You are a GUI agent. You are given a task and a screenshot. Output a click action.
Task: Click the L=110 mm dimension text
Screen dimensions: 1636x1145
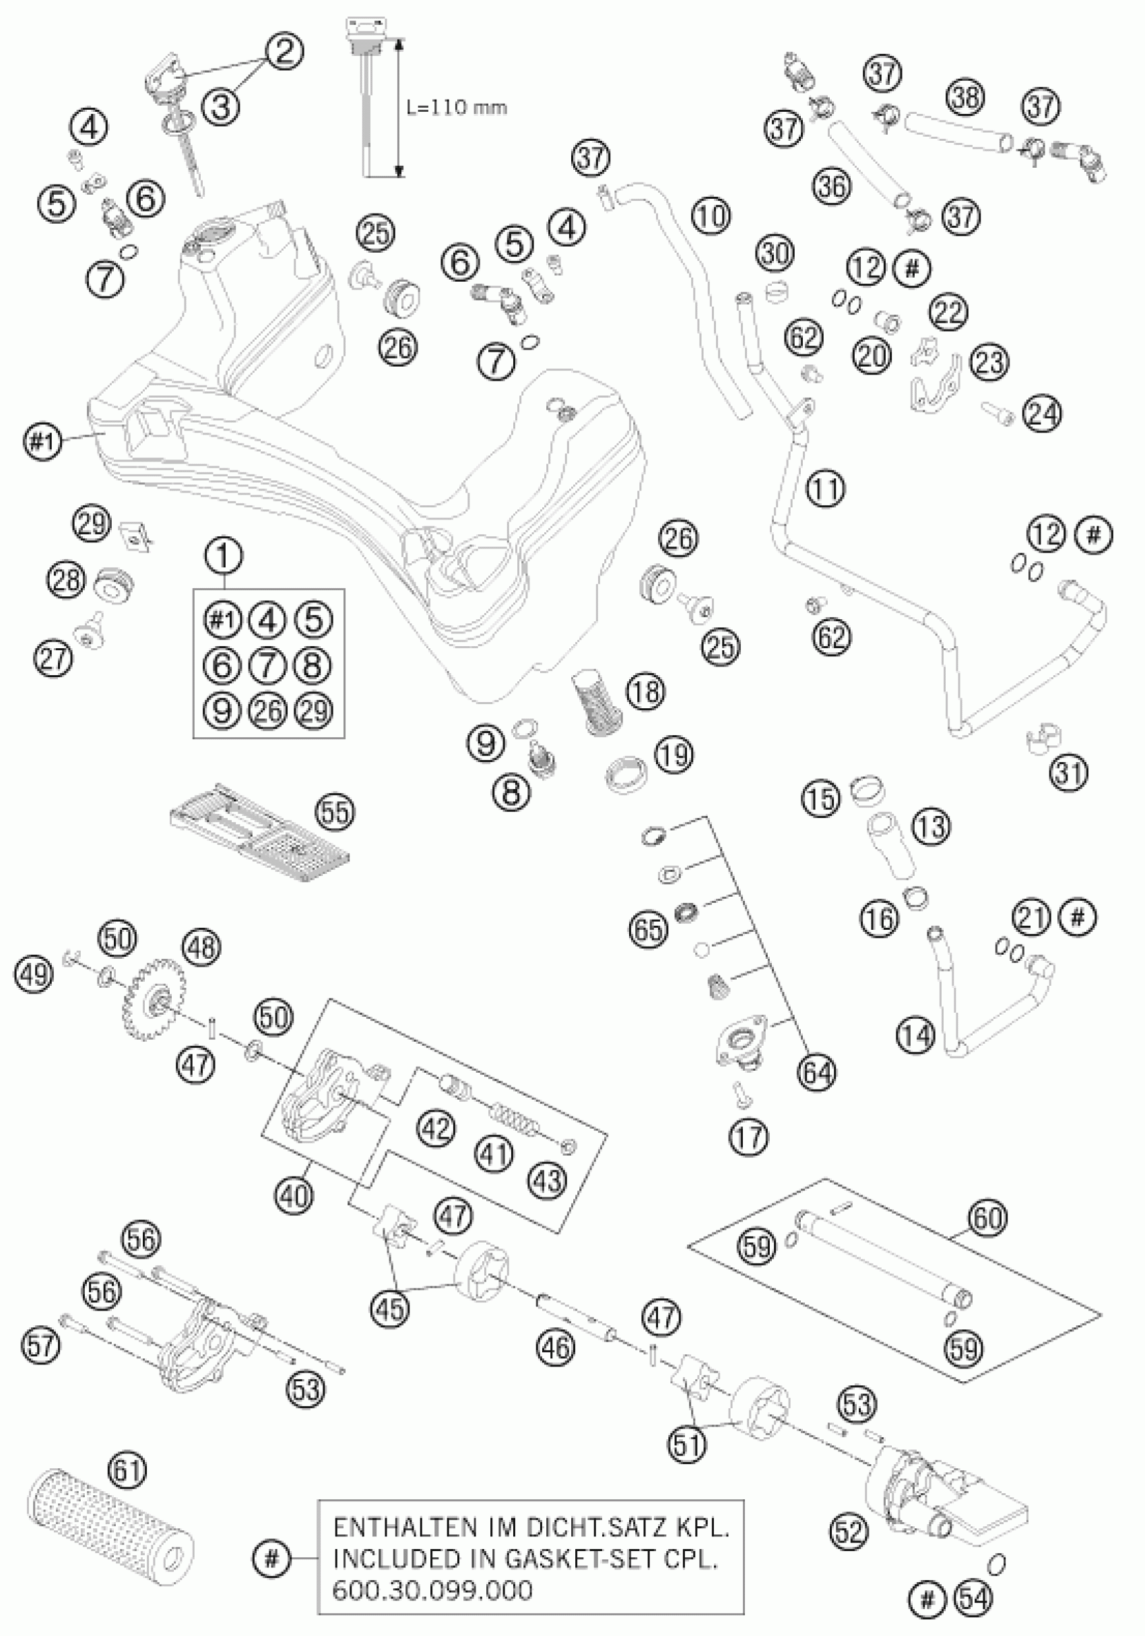click(x=457, y=108)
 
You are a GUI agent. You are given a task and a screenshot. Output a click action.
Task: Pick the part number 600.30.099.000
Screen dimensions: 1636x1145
click(x=433, y=1607)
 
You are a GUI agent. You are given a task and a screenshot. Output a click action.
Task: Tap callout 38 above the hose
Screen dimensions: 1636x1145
click(x=966, y=98)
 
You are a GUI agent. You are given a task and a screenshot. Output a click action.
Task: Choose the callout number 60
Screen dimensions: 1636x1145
click(x=987, y=1218)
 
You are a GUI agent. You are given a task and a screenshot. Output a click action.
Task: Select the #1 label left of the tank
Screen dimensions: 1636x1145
click(x=42, y=442)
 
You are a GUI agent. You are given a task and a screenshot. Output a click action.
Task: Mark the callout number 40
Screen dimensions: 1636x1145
click(x=294, y=1194)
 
